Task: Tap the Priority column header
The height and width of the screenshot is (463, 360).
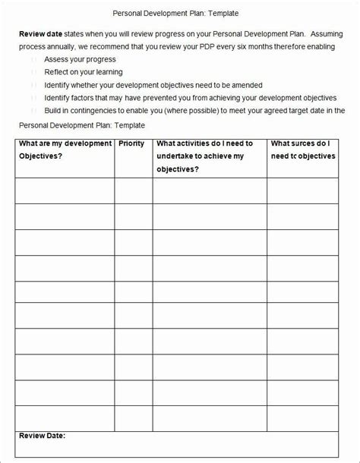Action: (x=132, y=143)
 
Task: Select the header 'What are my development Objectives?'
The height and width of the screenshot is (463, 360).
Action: (x=64, y=150)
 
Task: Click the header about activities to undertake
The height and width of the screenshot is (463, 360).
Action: (x=204, y=156)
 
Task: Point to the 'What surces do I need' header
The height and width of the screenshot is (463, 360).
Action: (x=302, y=150)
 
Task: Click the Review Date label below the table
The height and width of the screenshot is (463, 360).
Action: (x=42, y=436)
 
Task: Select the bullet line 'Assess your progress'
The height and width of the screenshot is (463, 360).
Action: (x=80, y=59)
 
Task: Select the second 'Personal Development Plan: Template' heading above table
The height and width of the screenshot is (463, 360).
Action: (x=81, y=124)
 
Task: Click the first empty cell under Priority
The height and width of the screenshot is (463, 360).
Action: (x=133, y=192)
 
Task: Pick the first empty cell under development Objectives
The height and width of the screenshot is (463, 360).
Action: (x=64, y=192)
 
